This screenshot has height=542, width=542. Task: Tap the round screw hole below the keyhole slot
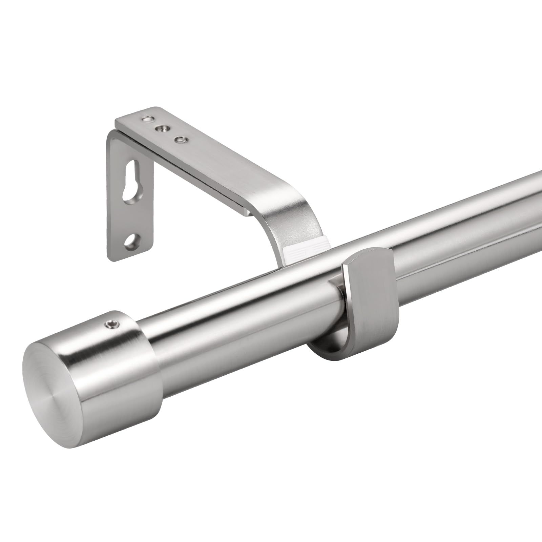coord(130,241)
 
